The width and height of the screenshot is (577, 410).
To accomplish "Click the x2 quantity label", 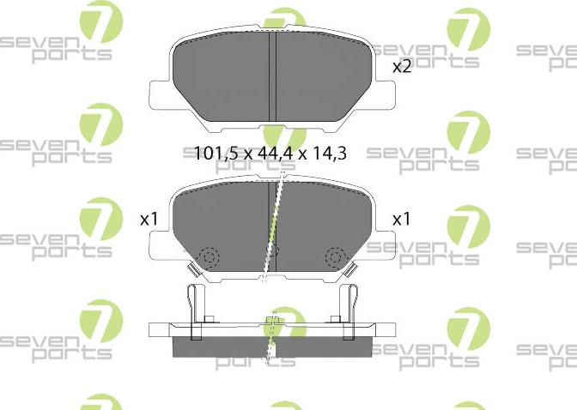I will point(402,66).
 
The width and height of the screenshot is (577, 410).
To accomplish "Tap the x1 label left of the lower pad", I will point(149,220).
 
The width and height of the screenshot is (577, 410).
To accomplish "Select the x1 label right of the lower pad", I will point(402,220).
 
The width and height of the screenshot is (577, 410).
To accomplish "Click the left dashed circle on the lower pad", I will point(209,256).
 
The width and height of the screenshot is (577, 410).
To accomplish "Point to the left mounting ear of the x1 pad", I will point(160,250).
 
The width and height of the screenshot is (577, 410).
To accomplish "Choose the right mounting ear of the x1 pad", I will point(383,250).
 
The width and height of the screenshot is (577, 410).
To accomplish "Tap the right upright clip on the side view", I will point(349,305).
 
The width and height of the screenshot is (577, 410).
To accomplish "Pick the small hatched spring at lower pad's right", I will point(351,271).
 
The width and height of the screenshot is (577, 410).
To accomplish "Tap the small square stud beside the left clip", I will point(209,323).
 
